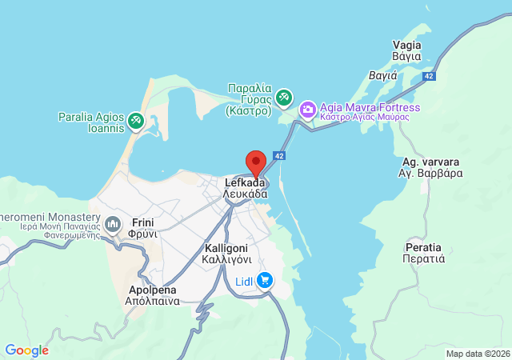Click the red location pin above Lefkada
pyautogui.click(x=255, y=162)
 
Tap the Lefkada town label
pyautogui.click(x=245, y=188)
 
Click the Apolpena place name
pyautogui.click(x=152, y=295)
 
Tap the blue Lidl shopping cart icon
pyautogui.click(x=265, y=281)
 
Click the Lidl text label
pyautogui.click(x=244, y=282)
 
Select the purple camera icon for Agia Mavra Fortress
pyautogui.click(x=307, y=108)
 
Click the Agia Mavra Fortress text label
pyautogui.click(x=369, y=107)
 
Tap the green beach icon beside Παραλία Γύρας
pyautogui.click(x=283, y=98)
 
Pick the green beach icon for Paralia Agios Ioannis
pyautogui.click(x=136, y=120)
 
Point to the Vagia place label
pyautogui.click(x=406, y=50)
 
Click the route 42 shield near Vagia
pyautogui.click(x=430, y=76)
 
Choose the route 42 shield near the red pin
pyautogui.click(x=278, y=155)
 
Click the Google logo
pyautogui.click(x=26, y=350)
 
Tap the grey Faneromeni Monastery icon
pyautogui.click(x=112, y=222)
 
